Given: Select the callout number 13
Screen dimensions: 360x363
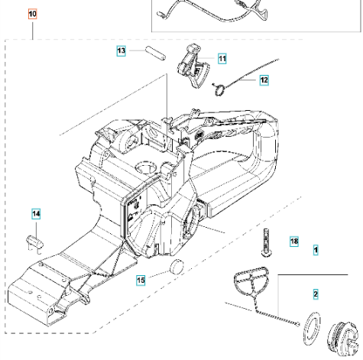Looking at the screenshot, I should pos(122,50).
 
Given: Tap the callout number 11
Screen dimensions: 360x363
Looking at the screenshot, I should pos(222,57).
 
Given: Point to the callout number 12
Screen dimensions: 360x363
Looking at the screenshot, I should pos(264,79).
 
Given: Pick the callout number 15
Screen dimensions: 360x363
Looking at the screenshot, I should pos(140,281).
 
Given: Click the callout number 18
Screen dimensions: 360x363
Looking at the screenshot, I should pos(294,242).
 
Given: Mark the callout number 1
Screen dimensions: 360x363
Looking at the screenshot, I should pos(316,249).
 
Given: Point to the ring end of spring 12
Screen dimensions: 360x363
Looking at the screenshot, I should pos(218,89).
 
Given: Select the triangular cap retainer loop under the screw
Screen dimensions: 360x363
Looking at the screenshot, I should pos(250,287).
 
